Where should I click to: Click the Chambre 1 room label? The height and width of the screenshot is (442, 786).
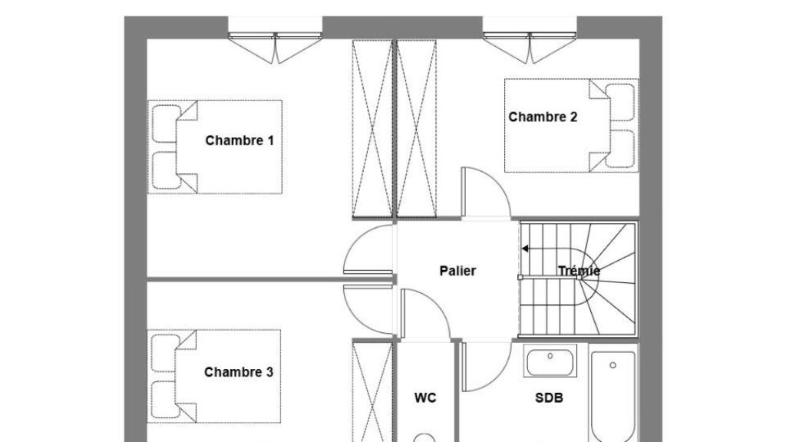[239, 141]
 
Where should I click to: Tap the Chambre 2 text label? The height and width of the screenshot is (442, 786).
[543, 117]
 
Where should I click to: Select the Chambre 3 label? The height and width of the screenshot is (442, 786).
[239, 372]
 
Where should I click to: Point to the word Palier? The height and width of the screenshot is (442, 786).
[457, 271]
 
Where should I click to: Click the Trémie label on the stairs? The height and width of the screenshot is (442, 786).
[579, 271]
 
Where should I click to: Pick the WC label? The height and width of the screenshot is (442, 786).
[425, 397]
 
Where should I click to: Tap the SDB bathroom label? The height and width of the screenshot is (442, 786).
[549, 397]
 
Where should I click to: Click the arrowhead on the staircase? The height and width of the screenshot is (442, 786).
[525, 249]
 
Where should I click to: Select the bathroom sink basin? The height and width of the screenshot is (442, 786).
[550, 361]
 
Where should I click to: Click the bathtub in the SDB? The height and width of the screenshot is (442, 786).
[615, 399]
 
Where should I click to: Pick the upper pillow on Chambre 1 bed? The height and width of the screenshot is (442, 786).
[166, 124]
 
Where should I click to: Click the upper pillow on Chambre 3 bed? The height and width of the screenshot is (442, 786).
[166, 352]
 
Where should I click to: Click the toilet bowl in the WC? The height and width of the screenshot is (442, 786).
[424, 438]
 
